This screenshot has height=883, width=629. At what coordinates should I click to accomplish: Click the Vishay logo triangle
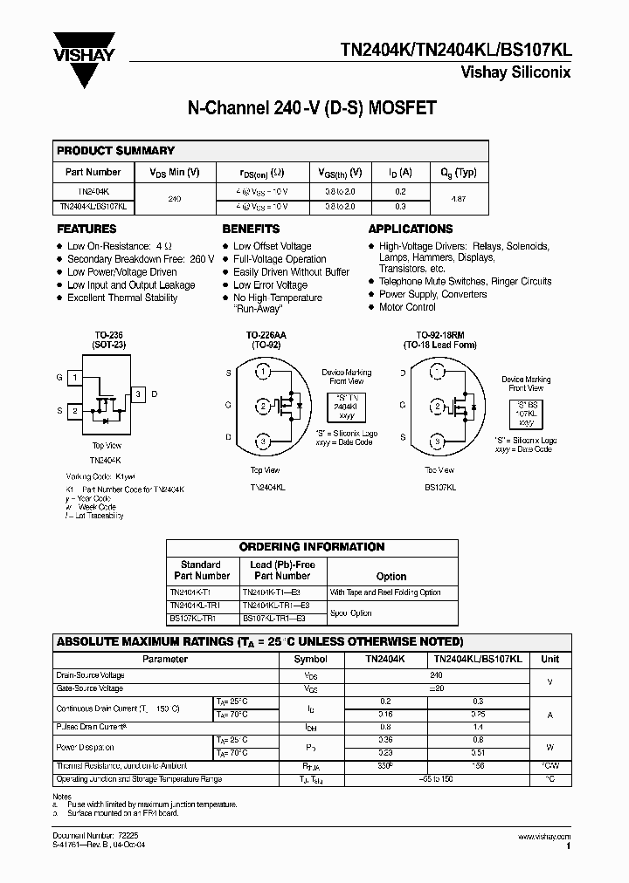click(x=85, y=63)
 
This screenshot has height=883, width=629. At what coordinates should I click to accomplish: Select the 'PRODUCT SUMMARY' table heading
click(x=116, y=151)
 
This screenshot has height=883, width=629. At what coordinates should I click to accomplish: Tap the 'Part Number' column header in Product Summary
click(x=93, y=173)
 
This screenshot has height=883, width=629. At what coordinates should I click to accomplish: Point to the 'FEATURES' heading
click(x=87, y=229)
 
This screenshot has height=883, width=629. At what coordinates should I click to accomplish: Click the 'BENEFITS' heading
click(x=252, y=229)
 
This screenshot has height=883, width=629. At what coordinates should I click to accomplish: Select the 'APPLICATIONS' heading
click(x=411, y=229)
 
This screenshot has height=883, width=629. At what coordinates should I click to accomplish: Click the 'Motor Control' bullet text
click(x=407, y=307)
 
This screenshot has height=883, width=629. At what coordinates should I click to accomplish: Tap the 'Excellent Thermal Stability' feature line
click(x=122, y=298)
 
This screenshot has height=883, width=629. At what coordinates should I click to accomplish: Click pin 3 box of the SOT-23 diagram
click(x=137, y=394)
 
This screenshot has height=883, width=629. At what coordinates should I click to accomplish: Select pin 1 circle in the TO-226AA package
click(x=263, y=373)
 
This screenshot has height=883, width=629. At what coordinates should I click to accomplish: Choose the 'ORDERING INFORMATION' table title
click(x=312, y=547)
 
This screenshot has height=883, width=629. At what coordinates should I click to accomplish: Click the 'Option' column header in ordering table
click(x=391, y=576)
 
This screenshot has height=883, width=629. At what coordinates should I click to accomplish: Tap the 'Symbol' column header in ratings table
click(x=310, y=660)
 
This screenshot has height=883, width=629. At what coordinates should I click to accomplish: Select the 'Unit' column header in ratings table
click(x=550, y=660)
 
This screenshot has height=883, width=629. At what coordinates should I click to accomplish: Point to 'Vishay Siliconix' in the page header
click(x=515, y=73)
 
